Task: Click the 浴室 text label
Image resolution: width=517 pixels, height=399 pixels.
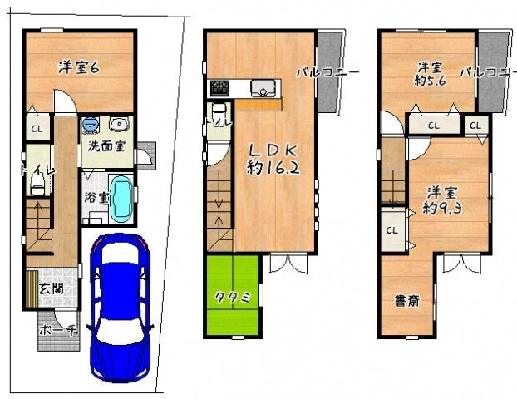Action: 95,199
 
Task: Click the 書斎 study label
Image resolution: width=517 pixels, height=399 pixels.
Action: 407,301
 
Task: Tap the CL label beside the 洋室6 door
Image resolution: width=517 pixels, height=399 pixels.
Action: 37,129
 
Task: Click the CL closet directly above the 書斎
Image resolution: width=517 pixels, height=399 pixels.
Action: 391,229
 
